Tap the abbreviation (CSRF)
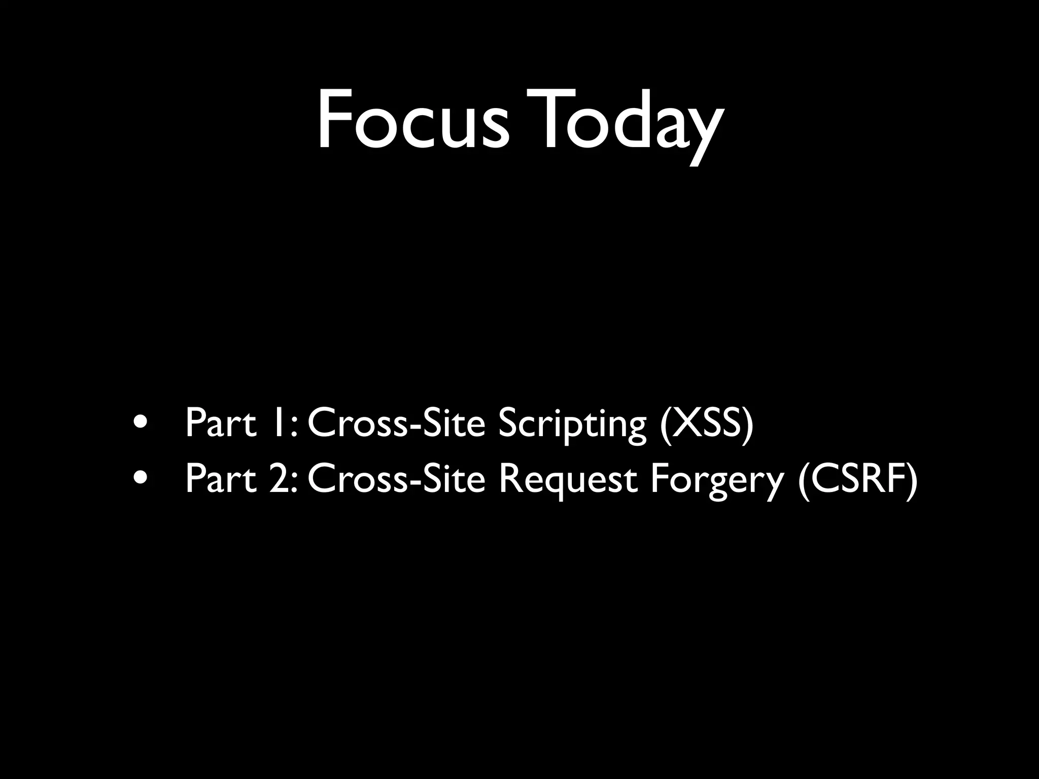(857, 480)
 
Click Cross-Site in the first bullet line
(396, 423)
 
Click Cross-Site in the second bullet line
(396, 479)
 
